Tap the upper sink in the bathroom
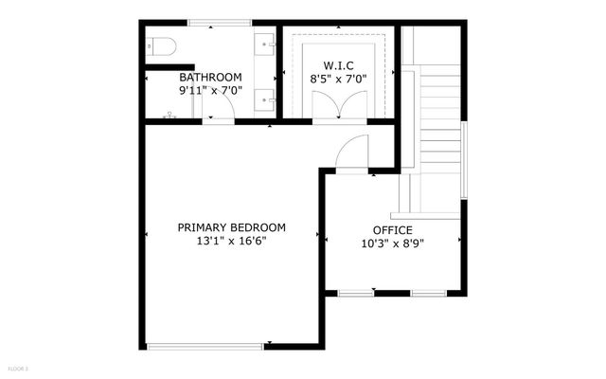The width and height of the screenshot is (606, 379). click(x=268, y=44)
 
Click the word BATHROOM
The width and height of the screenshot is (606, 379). click(x=210, y=78)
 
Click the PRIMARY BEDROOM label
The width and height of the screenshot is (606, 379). click(x=232, y=227)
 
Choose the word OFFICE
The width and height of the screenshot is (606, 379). click(x=392, y=230)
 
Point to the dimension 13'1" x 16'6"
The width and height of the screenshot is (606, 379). click(x=232, y=242)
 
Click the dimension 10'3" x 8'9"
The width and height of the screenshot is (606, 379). click(x=392, y=244)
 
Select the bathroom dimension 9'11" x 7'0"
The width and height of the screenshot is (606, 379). click(x=210, y=91)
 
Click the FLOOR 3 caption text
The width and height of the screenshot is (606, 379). click(x=17, y=368)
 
